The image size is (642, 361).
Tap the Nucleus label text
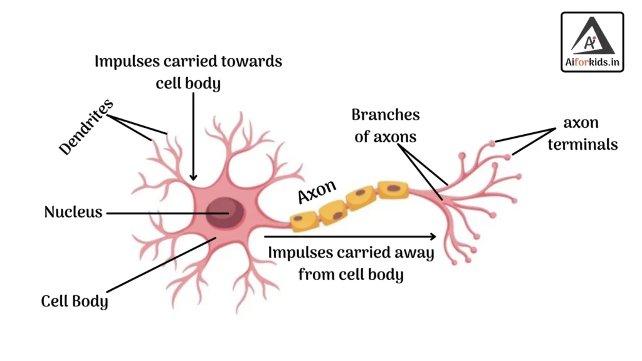pos(73,212)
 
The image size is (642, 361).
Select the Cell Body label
pos(75,301)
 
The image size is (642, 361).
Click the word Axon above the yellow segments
pos(317,191)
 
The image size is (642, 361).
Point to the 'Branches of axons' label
pos(385,125)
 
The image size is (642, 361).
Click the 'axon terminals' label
pos(582,133)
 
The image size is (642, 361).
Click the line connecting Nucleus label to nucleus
pos(157,212)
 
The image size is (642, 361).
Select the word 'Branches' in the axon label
pos(385,115)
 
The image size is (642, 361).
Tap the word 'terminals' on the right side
pos(582,144)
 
